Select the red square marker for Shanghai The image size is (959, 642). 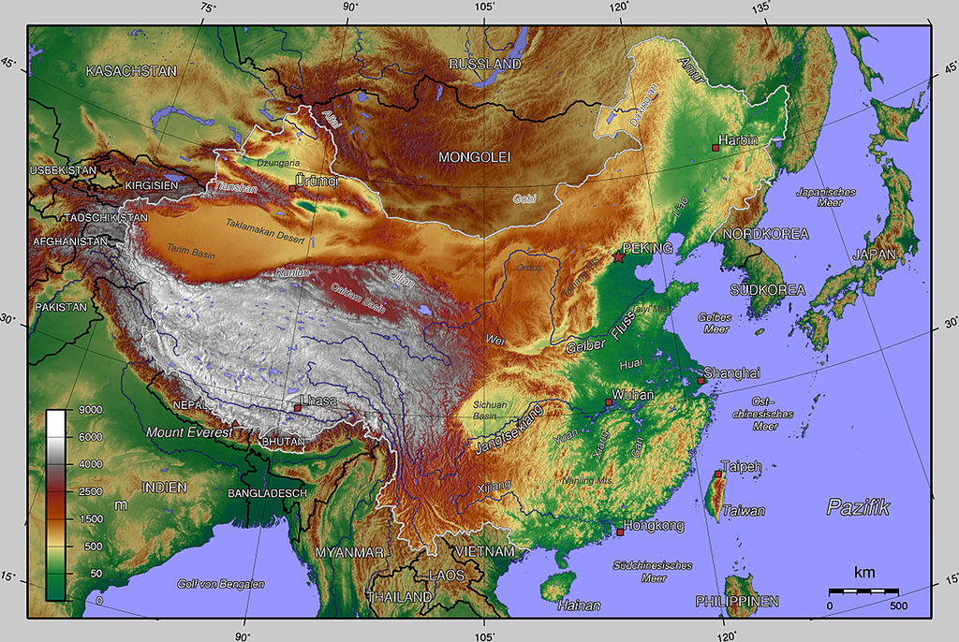point(701,381)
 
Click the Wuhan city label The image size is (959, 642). point(633,395)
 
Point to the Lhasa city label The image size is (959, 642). point(318,401)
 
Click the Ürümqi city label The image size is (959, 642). point(316,179)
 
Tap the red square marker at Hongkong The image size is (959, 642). point(620,533)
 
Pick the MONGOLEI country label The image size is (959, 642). point(475,157)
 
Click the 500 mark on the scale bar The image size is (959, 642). point(898,606)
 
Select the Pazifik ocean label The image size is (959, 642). point(858,508)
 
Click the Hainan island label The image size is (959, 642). point(579,606)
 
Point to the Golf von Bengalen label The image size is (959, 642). point(221,584)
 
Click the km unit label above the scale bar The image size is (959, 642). point(863,572)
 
